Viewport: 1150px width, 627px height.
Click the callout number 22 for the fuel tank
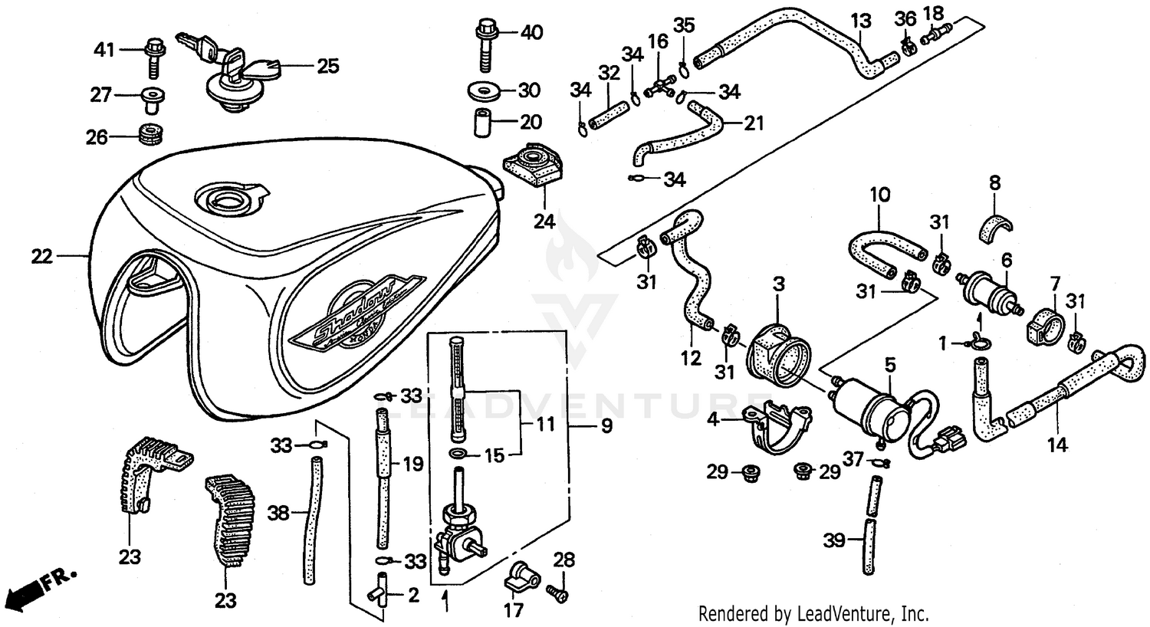(x=42, y=256)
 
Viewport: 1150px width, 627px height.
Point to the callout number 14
(x=1057, y=444)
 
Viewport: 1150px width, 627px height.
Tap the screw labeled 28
(x=557, y=592)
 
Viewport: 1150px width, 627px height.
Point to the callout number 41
(x=103, y=51)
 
